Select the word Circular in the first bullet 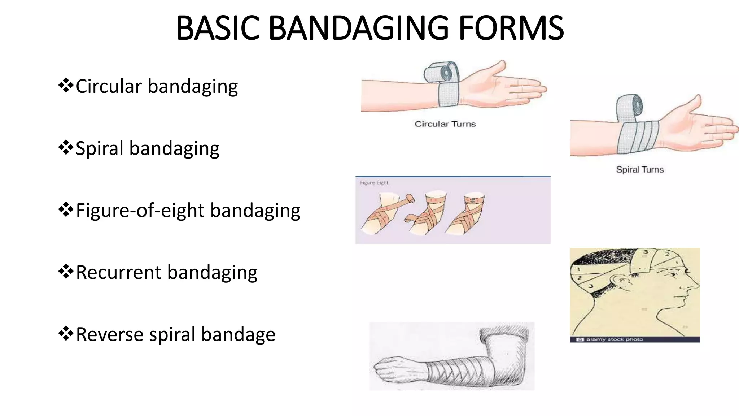109,86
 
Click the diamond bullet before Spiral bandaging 66,148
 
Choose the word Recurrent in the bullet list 118,272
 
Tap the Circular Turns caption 445,124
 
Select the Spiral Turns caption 639,170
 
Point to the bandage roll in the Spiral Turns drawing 629,107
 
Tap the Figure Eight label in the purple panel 374,183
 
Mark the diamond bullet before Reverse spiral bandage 66,334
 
